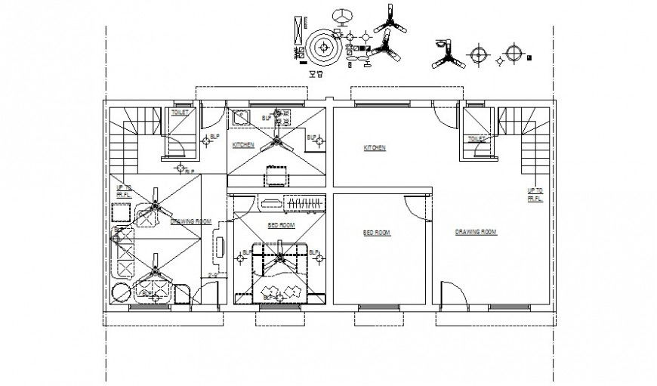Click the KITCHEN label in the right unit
[375, 148]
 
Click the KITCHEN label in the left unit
[243, 144]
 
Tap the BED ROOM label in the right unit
[376, 233]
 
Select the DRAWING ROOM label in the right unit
[476, 232]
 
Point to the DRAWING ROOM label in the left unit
[190, 221]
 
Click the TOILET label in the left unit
[180, 113]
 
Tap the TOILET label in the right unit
[477, 139]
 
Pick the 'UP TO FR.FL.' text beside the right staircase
[535, 194]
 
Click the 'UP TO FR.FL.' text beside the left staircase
[123, 191]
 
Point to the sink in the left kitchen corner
[242, 117]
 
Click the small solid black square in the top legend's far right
[530, 57]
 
